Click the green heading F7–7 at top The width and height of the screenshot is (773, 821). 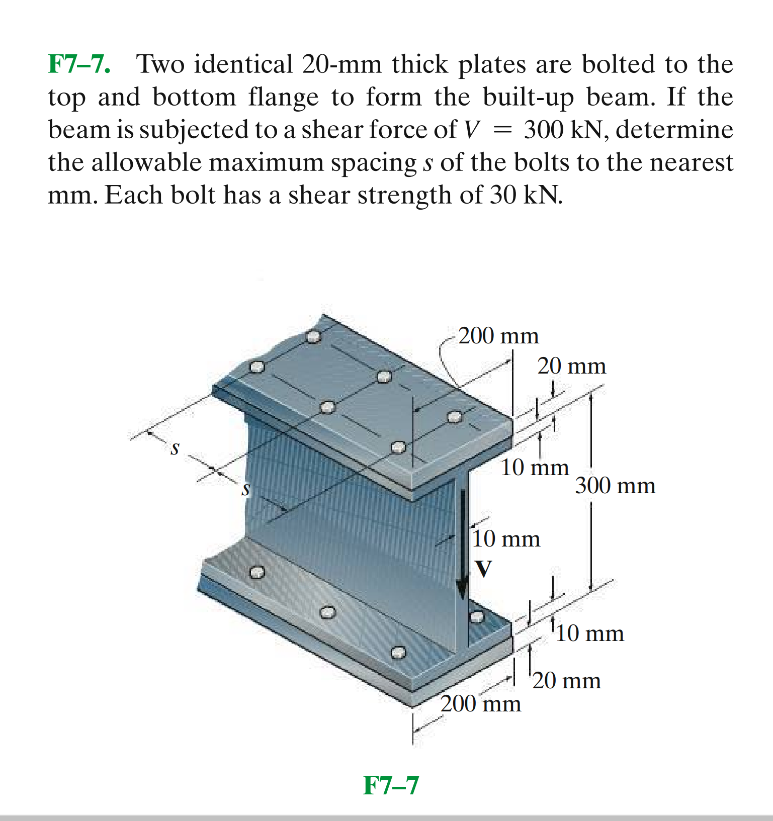pyautogui.click(x=79, y=64)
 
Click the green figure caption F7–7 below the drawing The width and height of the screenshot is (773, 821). pyautogui.click(x=391, y=785)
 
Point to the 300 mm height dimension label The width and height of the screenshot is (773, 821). pyautogui.click(x=615, y=486)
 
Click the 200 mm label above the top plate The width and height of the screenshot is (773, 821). pyautogui.click(x=498, y=335)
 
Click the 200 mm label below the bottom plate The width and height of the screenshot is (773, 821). pyautogui.click(x=481, y=703)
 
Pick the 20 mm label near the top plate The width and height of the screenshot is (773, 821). pyautogui.click(x=571, y=366)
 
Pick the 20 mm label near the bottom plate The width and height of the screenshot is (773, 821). pyautogui.click(x=566, y=681)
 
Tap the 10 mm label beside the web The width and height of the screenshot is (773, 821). pyautogui.click(x=506, y=539)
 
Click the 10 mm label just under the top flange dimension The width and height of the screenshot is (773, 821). pyautogui.click(x=534, y=468)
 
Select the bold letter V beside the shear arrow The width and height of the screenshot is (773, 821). pyautogui.click(x=483, y=569)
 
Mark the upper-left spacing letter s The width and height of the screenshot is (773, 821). pyautogui.click(x=175, y=447)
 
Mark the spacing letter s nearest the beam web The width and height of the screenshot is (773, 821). pyautogui.click(x=245, y=489)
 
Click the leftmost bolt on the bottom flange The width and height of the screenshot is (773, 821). pyautogui.click(x=257, y=572)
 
